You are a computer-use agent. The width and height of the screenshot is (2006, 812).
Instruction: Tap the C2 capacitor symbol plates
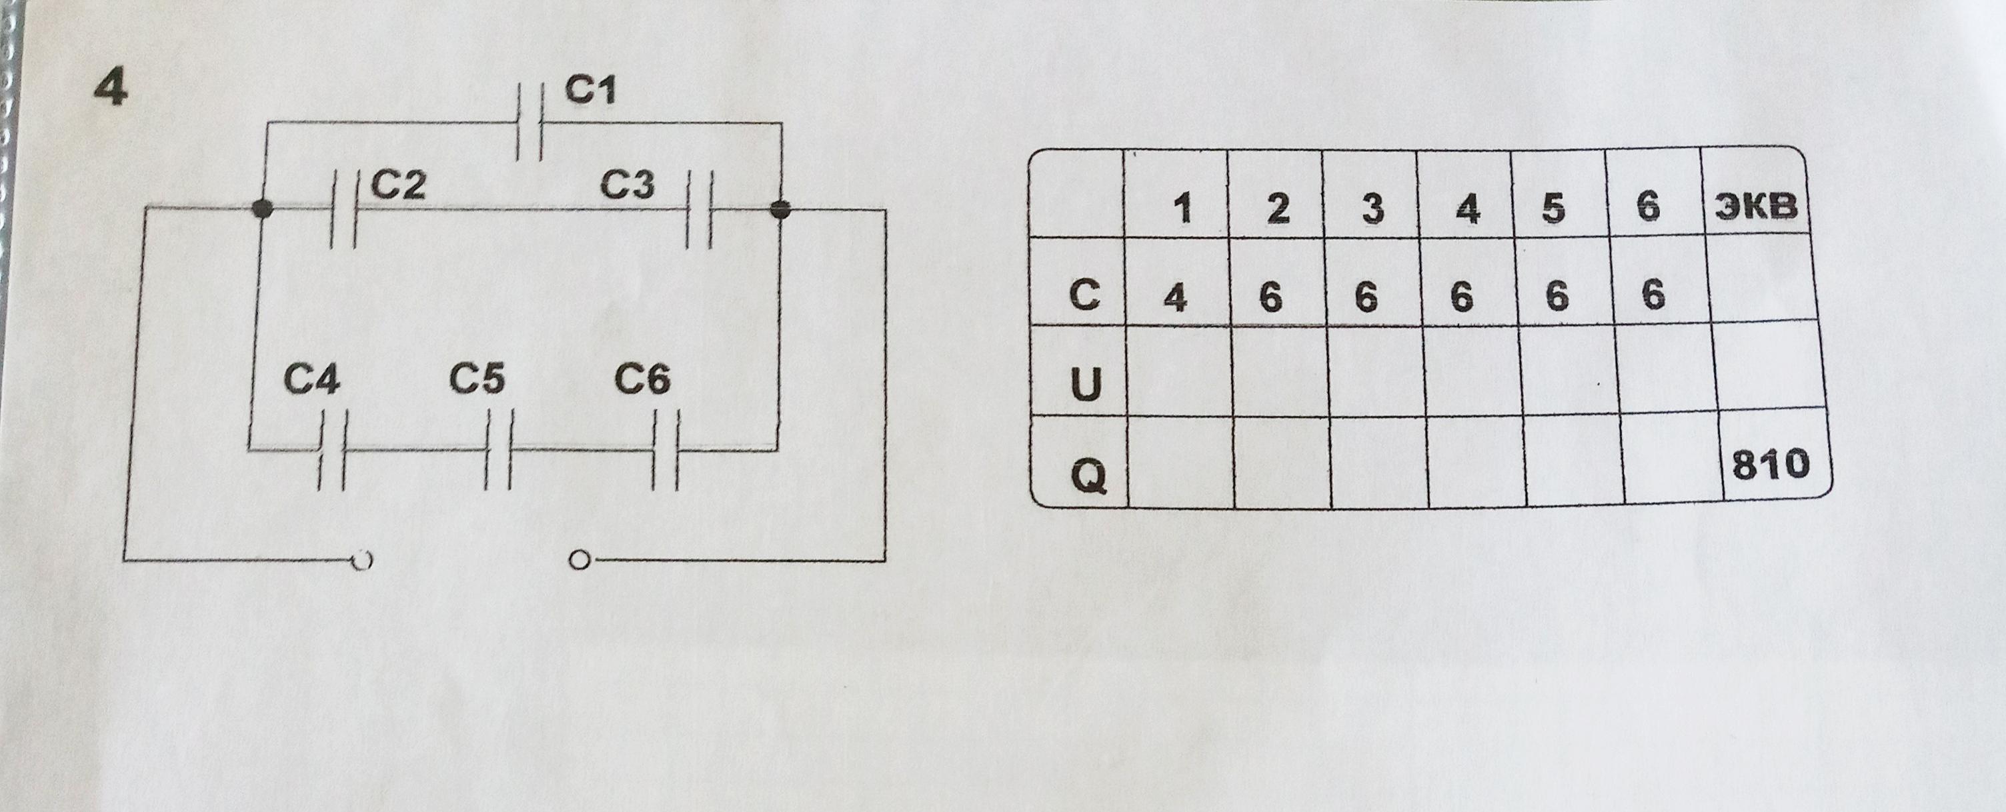[x=343, y=209]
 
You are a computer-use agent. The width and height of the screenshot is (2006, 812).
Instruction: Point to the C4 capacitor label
[x=311, y=381]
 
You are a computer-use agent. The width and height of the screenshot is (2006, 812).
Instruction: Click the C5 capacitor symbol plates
[x=498, y=450]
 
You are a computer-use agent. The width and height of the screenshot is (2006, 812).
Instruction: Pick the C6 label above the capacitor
[x=642, y=381]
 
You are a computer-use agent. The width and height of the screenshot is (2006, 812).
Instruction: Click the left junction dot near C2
[x=264, y=209]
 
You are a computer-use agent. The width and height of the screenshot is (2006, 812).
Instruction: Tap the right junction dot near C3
[x=780, y=209]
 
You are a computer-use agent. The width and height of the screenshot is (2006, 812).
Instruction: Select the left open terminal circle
[x=362, y=560]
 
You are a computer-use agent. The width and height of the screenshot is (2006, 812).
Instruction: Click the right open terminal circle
[x=578, y=560]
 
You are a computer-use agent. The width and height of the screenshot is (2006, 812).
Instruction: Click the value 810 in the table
[x=1769, y=465]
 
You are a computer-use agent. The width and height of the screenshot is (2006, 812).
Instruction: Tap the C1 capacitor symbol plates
[x=530, y=123]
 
